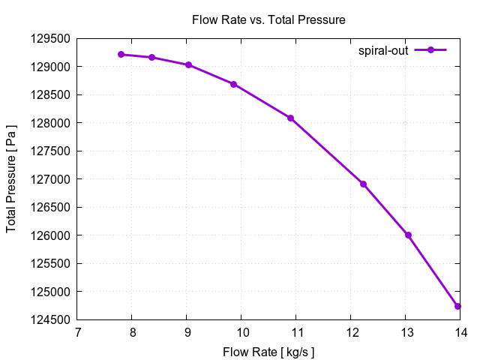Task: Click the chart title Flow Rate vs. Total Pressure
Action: pyautogui.click(x=268, y=20)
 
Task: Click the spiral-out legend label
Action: pyautogui.click(x=383, y=50)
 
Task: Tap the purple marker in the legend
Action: pyautogui.click(x=430, y=50)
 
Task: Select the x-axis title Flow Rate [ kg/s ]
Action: pyautogui.click(x=268, y=352)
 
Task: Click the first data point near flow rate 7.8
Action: pyautogui.click(x=121, y=55)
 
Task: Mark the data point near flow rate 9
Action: pyautogui.click(x=188, y=65)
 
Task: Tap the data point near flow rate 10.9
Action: pyautogui.click(x=290, y=118)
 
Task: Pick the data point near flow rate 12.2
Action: pyautogui.click(x=363, y=184)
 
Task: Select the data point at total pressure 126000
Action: pyautogui.click(x=408, y=235)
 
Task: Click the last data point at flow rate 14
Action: pyautogui.click(x=457, y=306)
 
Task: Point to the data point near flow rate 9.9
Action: pyautogui.click(x=234, y=84)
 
